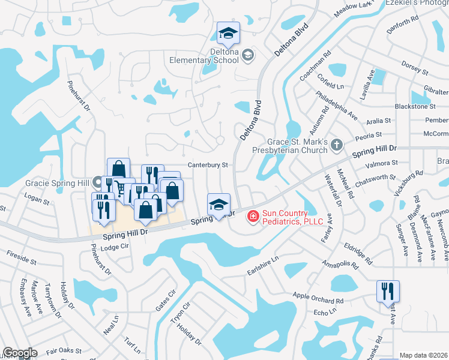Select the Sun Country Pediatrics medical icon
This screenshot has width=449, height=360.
253,215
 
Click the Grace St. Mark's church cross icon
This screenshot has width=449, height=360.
337,144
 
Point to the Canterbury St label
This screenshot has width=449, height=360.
208,164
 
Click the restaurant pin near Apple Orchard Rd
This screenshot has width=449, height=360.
388,292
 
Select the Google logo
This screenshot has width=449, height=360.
20,353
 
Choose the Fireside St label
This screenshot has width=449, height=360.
22,259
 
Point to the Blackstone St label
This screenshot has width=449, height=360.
415,106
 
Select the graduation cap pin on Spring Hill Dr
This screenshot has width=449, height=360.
218,205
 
